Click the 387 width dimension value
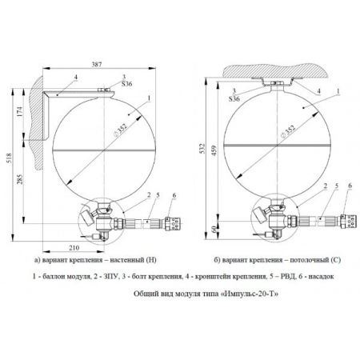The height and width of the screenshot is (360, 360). point(97,64)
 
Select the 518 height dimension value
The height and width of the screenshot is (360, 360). point(9,158)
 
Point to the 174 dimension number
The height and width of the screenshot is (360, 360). point(20,112)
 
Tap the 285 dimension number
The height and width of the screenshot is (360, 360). point(20,179)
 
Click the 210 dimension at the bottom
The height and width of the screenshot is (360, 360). point(74,248)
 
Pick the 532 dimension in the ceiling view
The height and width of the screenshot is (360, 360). point(202,149)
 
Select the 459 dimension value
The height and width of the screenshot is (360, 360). point(214,150)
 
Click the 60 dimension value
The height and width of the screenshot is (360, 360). point(215,229)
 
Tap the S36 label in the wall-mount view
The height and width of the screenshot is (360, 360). point(126,84)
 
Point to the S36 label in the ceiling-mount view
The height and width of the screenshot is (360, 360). point(234,99)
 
